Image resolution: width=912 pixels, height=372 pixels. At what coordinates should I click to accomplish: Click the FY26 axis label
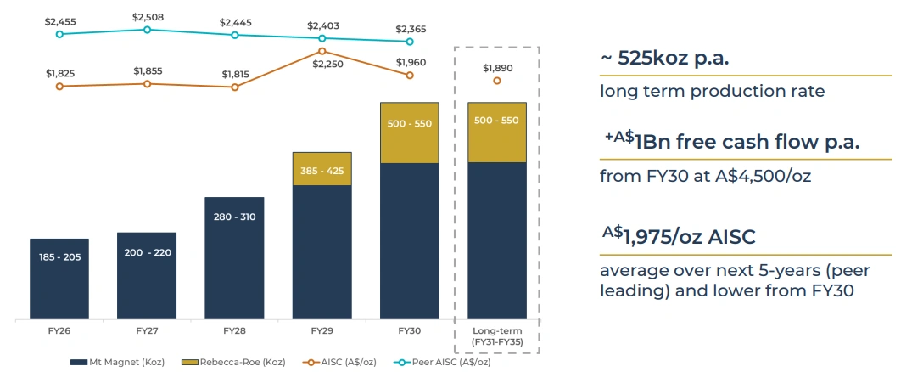click(59, 330)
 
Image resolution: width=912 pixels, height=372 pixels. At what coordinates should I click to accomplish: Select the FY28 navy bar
click(234, 259)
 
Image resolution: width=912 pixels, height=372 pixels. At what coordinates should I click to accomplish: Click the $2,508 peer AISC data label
click(147, 16)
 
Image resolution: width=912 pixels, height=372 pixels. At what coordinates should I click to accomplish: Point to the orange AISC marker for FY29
click(322, 51)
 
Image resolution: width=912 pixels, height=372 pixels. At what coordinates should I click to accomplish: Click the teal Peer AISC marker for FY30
click(410, 41)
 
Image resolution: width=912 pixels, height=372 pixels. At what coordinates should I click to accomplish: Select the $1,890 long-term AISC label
click(497, 68)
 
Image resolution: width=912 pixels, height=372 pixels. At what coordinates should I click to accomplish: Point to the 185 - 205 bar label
click(59, 256)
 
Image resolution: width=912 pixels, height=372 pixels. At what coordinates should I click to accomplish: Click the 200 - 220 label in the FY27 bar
click(147, 253)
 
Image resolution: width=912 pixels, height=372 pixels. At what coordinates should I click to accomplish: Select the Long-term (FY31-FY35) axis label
click(497, 335)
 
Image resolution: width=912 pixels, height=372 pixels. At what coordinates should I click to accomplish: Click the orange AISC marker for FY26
click(59, 86)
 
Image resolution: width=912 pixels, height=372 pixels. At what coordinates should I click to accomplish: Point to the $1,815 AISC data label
click(234, 74)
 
